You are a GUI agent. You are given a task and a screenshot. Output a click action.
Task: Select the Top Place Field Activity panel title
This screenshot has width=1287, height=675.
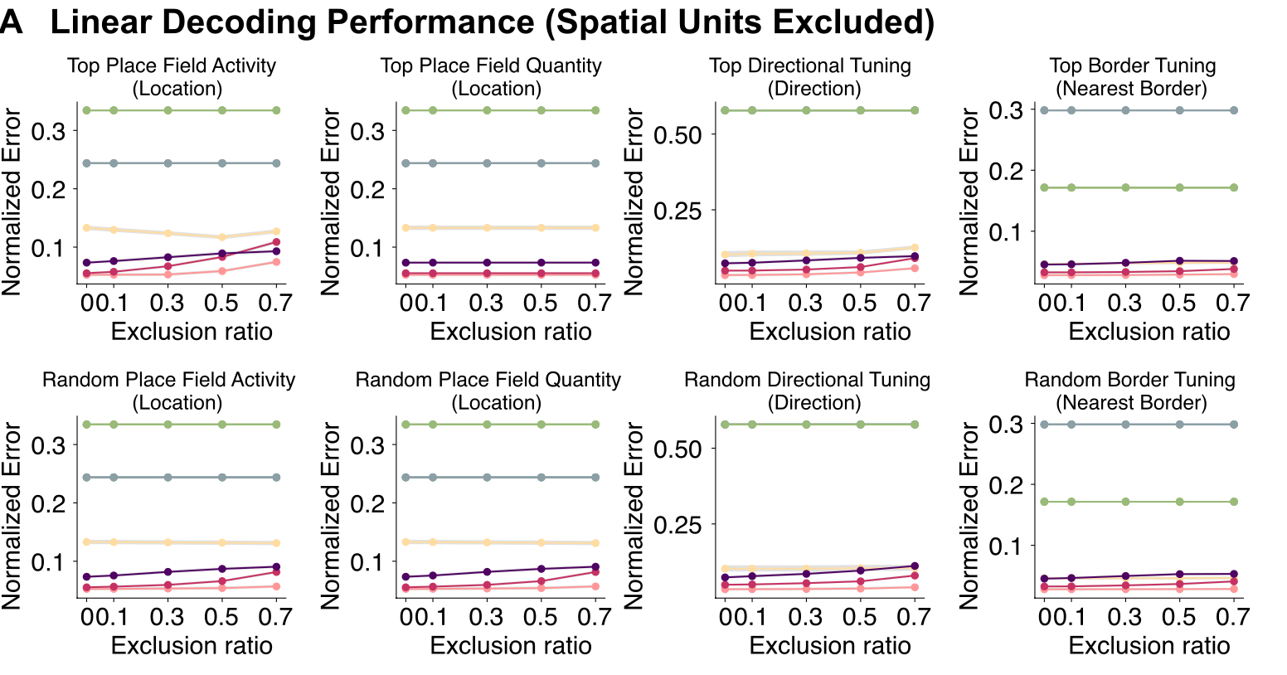pyautogui.click(x=172, y=66)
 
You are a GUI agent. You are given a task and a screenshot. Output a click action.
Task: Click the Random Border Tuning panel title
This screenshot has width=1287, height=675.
pyautogui.click(x=1130, y=380)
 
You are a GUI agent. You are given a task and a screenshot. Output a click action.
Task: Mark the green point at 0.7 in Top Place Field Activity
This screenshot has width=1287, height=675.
pyautogui.click(x=276, y=110)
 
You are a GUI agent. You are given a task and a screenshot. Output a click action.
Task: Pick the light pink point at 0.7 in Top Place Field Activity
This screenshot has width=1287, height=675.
pyautogui.click(x=276, y=262)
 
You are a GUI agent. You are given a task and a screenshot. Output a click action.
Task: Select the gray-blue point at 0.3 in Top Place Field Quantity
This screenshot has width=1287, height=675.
pyautogui.click(x=487, y=163)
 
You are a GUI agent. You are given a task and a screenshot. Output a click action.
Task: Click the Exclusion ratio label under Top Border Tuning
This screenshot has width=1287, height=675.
pyautogui.click(x=1149, y=332)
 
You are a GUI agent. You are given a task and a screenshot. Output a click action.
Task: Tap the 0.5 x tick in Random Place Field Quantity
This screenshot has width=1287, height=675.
pyautogui.click(x=541, y=616)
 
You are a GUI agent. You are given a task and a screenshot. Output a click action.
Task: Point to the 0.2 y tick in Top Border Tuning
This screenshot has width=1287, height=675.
pyautogui.click(x=1006, y=171)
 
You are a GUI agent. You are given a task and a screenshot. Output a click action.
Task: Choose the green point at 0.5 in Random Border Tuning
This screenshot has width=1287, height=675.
pyautogui.click(x=1179, y=502)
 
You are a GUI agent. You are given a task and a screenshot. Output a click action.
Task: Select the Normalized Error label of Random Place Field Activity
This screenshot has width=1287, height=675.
pyautogui.click(x=12, y=515)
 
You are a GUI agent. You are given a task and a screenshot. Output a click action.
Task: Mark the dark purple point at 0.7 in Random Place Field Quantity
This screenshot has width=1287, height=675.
pyautogui.click(x=595, y=567)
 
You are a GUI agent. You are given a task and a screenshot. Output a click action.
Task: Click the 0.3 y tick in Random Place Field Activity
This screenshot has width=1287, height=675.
pyautogui.click(x=48, y=445)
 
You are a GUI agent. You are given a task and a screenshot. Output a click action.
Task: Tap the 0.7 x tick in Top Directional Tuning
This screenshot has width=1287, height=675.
pyautogui.click(x=914, y=302)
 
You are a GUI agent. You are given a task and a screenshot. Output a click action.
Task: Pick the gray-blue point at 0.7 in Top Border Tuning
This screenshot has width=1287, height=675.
pyautogui.click(x=1234, y=110)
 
